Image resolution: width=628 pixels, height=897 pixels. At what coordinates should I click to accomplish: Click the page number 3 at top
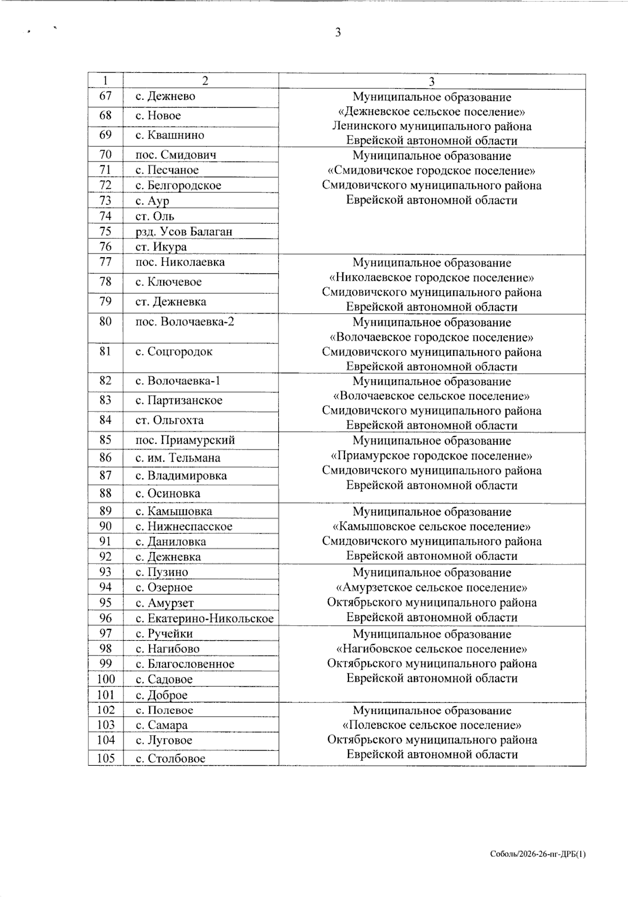338,32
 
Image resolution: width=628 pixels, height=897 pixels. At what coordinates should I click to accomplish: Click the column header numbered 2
205,80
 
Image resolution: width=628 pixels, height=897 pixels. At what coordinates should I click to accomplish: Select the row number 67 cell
106,96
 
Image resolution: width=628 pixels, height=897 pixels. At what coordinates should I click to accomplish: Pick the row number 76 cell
106,247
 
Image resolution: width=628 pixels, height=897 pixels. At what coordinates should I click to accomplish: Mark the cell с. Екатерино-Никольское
205,619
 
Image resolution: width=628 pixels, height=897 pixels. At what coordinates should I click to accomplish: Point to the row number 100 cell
106,680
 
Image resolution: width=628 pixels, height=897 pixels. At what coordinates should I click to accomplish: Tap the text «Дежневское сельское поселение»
432,112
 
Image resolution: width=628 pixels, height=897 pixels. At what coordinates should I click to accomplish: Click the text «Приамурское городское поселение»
432,456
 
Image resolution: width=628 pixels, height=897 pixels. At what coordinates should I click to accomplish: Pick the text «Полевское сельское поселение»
432,726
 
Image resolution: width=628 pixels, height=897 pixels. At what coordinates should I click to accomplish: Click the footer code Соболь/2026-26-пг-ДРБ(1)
538,854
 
